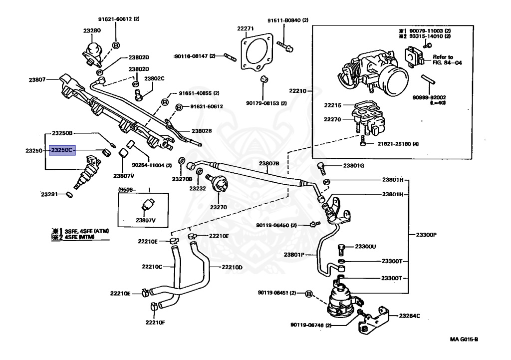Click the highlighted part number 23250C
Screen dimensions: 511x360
point(62,150)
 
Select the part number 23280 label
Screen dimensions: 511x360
point(92,30)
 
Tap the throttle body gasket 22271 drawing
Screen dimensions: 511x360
point(257,52)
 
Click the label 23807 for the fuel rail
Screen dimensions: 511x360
point(37,79)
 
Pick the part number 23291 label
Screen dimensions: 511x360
point(49,194)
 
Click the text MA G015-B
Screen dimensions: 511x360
point(464,339)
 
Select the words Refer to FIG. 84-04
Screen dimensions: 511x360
point(447,60)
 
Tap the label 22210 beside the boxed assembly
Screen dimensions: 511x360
point(298,91)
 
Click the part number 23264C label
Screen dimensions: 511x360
point(410,316)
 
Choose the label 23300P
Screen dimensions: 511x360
point(426,235)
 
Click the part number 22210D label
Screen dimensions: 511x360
point(232,268)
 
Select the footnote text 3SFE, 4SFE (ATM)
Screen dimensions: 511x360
point(86,231)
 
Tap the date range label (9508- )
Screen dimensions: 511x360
point(134,189)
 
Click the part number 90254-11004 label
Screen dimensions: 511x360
point(152,165)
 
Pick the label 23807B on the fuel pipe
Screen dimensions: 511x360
point(269,163)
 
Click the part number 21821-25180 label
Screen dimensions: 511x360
point(398,144)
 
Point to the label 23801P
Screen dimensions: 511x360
point(294,255)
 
